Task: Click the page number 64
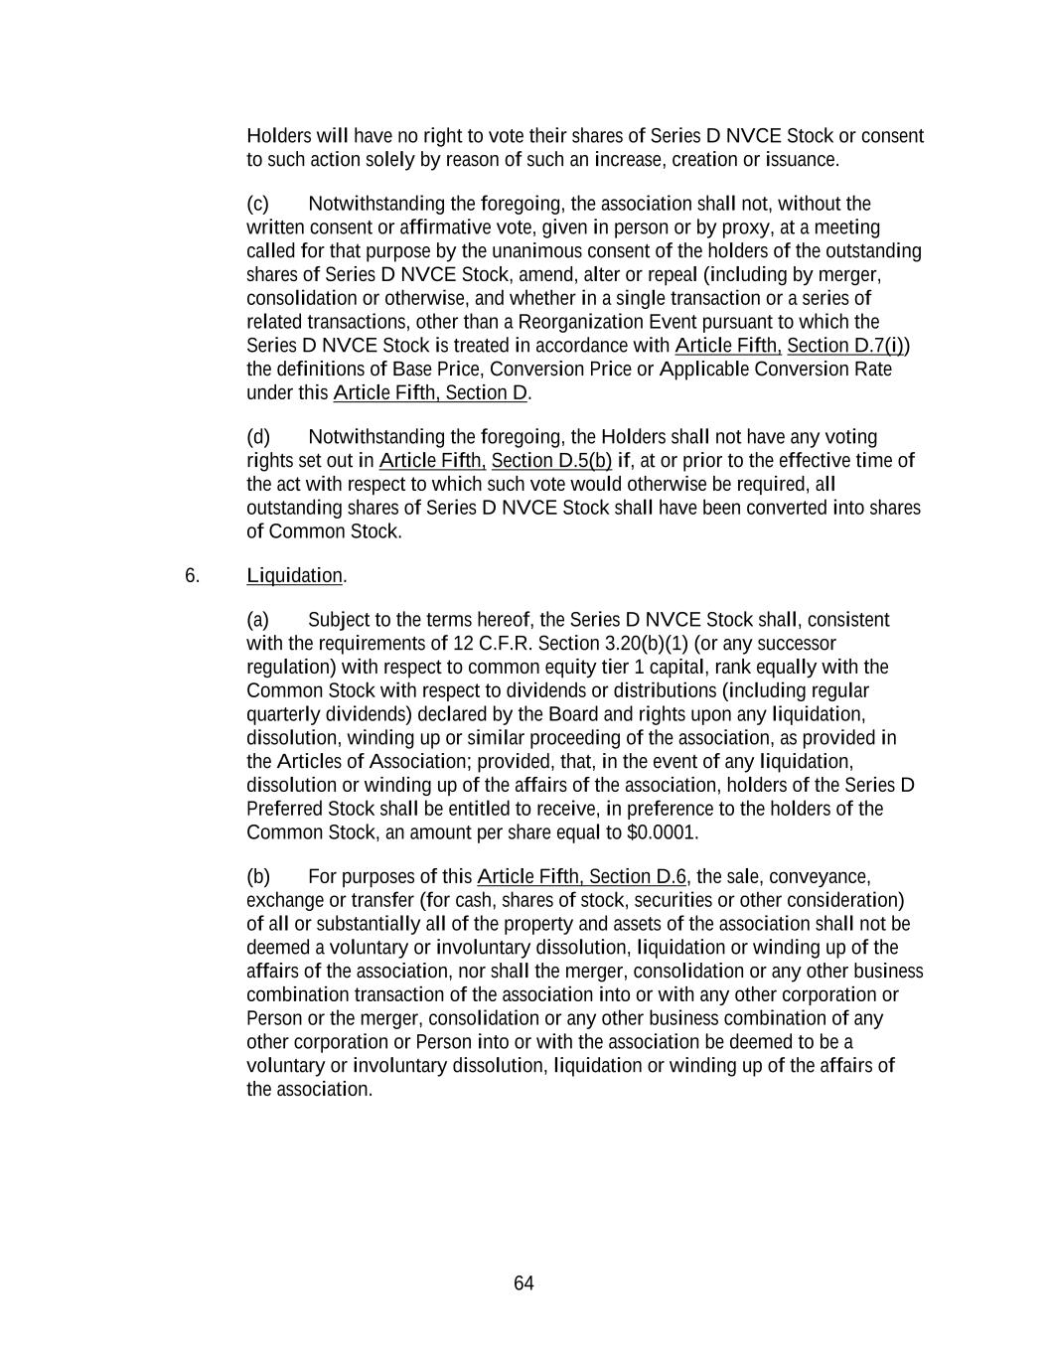coord(524,1283)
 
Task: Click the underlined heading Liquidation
coord(294,575)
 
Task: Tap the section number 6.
coord(192,575)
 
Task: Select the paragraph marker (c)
coord(258,204)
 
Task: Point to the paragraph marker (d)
coord(258,437)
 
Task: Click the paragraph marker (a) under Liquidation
coord(258,620)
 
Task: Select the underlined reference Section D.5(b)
coord(551,461)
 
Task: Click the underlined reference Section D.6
coord(637,877)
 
